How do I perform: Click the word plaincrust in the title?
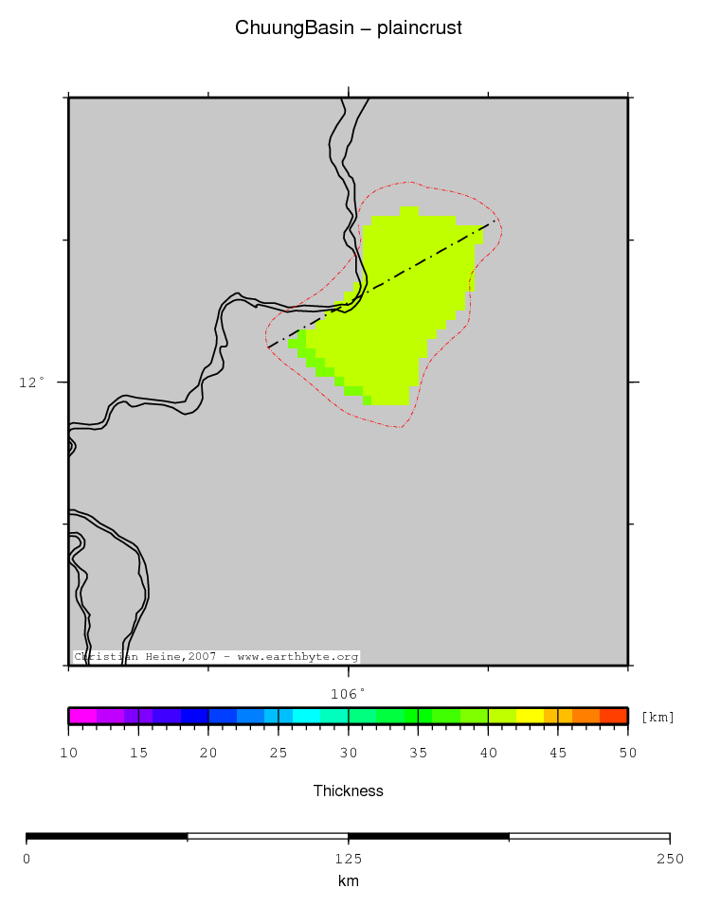click(420, 28)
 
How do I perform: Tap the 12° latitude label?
click(32, 382)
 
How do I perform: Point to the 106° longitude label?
click(349, 693)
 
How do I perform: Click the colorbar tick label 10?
click(68, 753)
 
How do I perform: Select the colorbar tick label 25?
click(279, 753)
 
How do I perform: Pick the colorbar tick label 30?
click(349, 753)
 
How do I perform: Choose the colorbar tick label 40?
click(488, 753)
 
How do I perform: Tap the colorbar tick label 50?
click(628, 753)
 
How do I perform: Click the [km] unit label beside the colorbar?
click(658, 717)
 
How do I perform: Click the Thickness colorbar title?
click(349, 791)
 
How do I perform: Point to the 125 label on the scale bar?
click(349, 859)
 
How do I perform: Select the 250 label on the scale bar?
click(669, 859)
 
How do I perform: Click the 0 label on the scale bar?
click(27, 859)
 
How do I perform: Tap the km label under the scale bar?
click(349, 881)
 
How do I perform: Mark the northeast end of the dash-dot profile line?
click(495, 222)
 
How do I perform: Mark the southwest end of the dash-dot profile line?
click(267, 347)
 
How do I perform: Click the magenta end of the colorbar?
click(76, 716)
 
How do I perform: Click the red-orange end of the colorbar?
click(620, 716)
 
